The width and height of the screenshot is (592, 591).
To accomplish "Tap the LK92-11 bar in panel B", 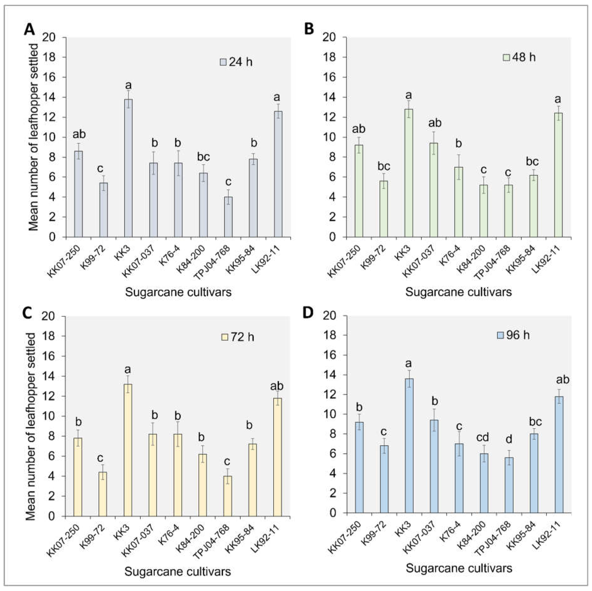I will click(558, 175).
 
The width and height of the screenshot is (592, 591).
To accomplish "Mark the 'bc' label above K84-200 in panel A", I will click(203, 157).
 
